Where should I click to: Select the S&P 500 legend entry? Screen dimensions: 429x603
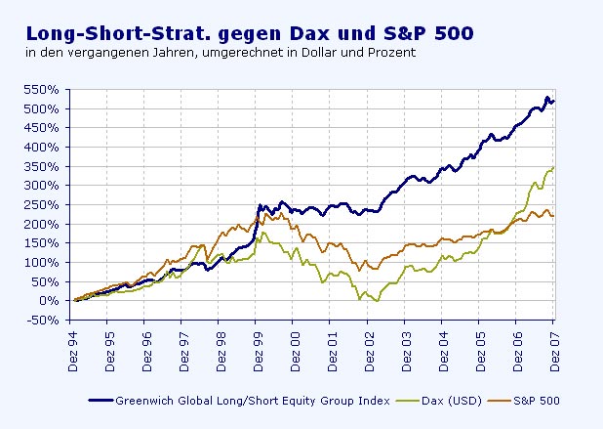pyautogui.click(x=536, y=401)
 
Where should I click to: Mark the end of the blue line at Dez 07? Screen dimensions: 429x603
pyautogui.click(x=553, y=101)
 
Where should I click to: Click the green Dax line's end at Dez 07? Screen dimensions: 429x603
pyautogui.click(x=553, y=168)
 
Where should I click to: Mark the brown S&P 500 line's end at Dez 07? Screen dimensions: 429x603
pyautogui.click(x=553, y=216)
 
